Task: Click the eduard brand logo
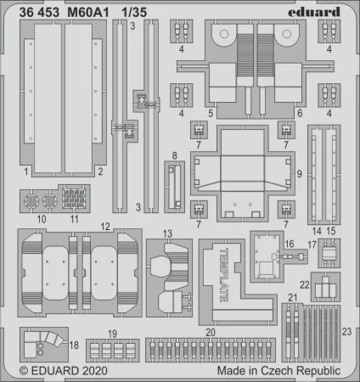[x=314, y=12]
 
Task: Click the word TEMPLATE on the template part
[x=224, y=275]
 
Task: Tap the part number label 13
[x=167, y=233]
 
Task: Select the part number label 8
[x=175, y=155]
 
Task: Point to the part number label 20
[x=211, y=332]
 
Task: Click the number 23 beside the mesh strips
[x=346, y=332]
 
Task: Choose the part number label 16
[x=290, y=244]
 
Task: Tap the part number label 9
[x=299, y=174]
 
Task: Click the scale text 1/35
[x=134, y=13]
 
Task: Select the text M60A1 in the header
[x=88, y=13]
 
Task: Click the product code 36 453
[x=39, y=13]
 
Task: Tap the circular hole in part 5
[x=224, y=34]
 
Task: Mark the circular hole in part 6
[x=287, y=34]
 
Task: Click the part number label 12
[x=105, y=227]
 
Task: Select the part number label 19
[x=112, y=334]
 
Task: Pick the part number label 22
[x=305, y=284]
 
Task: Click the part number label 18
[x=74, y=345]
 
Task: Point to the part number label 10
[x=42, y=219]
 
